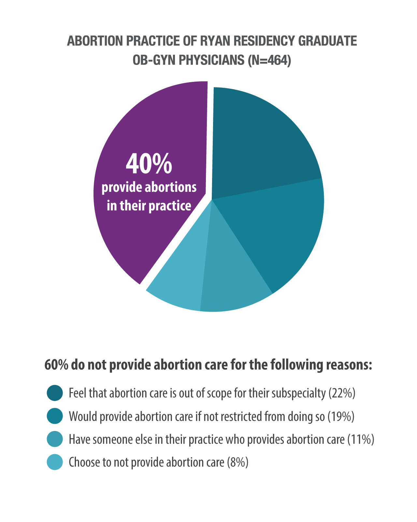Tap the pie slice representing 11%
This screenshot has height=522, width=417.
click(x=231, y=281)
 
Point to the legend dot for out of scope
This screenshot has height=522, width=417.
click(x=55, y=393)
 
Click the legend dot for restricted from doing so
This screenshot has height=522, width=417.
click(x=55, y=416)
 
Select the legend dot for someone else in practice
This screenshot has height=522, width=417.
click(x=55, y=439)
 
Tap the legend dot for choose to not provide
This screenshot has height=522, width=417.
click(x=55, y=462)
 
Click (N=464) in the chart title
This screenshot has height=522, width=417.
click(x=269, y=60)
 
